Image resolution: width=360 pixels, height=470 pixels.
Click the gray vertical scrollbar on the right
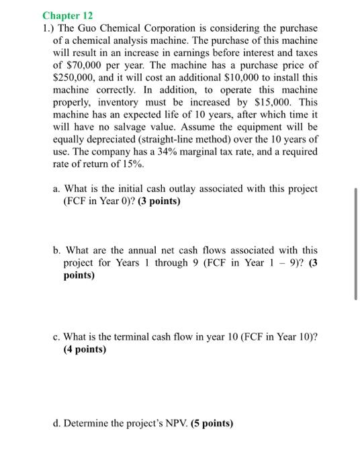(x=355, y=243)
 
